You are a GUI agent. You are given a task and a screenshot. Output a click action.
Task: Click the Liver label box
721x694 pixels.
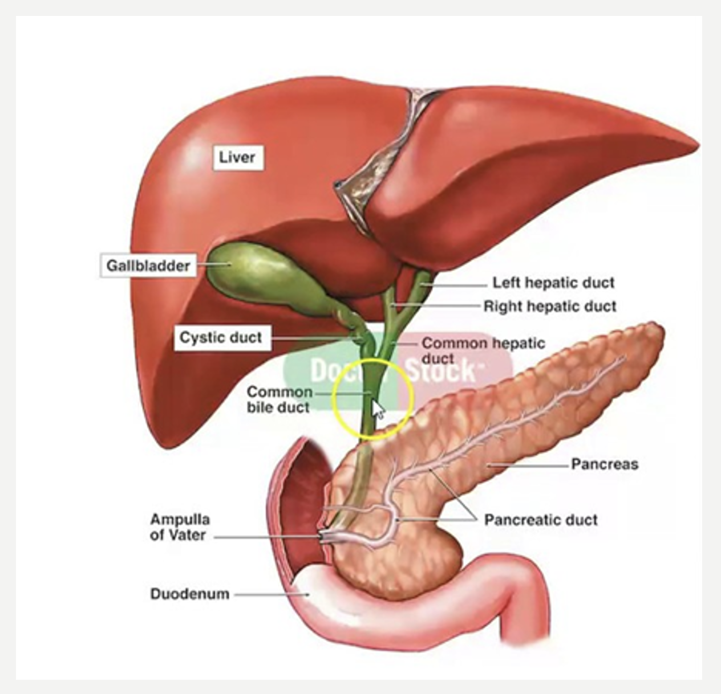click(237, 157)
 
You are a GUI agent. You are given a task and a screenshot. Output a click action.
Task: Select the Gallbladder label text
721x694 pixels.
click(148, 266)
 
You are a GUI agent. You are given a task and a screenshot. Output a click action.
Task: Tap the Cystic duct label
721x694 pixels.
click(221, 337)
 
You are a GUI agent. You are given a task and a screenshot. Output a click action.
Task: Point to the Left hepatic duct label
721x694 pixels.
click(553, 283)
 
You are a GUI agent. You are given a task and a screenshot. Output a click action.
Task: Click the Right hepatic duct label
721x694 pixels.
click(550, 307)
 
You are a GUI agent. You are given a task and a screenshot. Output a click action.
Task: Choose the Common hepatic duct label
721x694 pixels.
click(483, 350)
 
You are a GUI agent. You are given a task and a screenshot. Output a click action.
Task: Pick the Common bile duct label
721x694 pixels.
click(280, 399)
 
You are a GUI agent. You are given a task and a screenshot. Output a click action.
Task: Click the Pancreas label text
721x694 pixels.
click(605, 464)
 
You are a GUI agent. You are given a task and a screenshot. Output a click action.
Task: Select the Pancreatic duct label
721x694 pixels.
click(541, 520)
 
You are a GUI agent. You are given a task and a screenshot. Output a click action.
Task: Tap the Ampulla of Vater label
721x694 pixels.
click(180, 527)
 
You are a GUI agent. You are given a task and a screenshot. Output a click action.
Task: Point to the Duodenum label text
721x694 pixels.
click(189, 594)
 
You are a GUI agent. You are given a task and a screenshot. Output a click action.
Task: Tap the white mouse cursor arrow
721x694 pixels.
click(377, 409)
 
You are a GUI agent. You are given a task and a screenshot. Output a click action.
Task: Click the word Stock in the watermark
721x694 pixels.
click(440, 371)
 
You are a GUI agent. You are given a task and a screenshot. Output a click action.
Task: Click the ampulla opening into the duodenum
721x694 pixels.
click(325, 537)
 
